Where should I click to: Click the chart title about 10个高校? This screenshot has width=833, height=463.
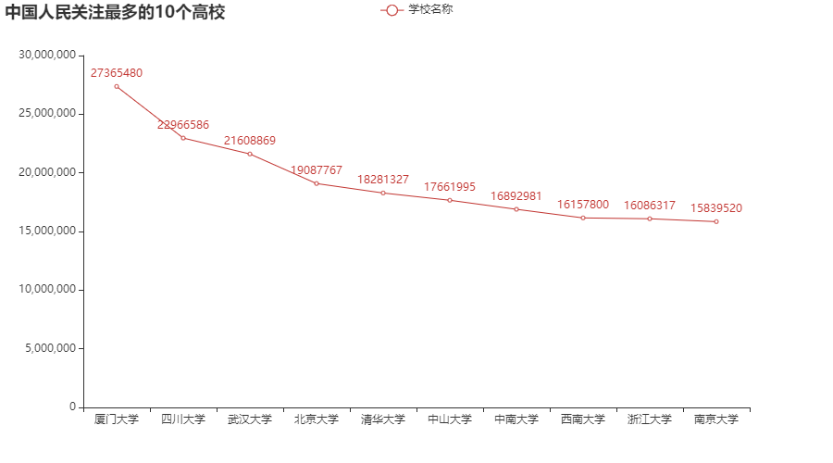pos(115,13)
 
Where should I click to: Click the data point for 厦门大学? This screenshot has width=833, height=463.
pos(117,86)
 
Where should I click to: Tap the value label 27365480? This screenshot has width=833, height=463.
pos(117,73)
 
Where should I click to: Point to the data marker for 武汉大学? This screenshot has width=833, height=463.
pos(250,154)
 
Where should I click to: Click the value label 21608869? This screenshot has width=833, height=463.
pos(250,141)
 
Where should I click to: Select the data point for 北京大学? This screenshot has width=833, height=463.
pos(317,183)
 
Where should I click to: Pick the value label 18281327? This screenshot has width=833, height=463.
pos(383,179)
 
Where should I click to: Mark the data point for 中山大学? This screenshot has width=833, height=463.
pos(450,200)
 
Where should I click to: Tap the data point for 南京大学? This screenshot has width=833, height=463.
pos(716,221)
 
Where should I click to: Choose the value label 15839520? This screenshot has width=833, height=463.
pos(716,208)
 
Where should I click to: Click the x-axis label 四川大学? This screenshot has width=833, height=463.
pos(183,419)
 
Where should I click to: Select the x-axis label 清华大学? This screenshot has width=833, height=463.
pos(383,419)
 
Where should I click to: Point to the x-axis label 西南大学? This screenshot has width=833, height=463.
pos(583,419)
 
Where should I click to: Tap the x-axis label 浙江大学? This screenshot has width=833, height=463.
pos(650,419)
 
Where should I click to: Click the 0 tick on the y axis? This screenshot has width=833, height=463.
pos(71,407)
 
